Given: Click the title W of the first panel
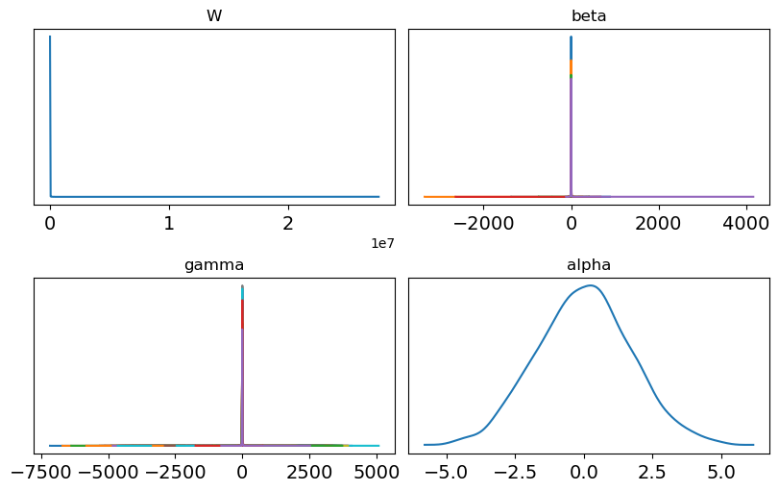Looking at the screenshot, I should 214,15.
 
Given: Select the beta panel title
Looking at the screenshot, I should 589,15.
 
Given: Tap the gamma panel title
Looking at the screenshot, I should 214,264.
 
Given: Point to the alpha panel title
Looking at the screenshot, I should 589,264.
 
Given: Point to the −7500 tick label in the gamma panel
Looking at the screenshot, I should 46,472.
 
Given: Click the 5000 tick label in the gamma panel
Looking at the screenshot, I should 378,472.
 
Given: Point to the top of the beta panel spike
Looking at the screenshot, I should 572,37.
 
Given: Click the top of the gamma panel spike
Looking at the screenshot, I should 242,286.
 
